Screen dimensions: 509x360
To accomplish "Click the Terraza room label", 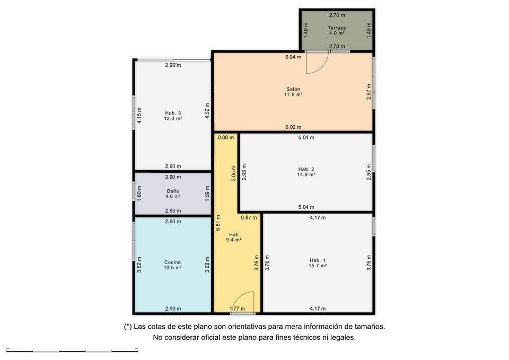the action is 337,31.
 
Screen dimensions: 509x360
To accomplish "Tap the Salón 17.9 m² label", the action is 293,92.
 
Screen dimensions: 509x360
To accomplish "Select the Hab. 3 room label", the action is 173,116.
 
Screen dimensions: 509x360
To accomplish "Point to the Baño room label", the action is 173,194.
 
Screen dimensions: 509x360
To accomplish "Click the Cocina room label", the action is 172,265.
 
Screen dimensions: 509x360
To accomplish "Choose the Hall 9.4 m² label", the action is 234,238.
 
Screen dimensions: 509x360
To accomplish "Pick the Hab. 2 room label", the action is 306,172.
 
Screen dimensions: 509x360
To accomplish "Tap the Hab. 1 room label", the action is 318,263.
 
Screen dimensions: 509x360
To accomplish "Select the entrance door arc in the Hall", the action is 238,297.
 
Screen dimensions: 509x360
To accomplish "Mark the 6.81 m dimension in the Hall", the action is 218,223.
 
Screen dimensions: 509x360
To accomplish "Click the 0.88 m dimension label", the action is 226,137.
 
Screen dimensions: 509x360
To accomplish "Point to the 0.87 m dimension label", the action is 249,217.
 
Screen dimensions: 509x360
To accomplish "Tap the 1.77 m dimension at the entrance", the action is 238,309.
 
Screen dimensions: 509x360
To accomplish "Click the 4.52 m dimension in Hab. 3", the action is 207,111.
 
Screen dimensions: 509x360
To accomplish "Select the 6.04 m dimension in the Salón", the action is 293,57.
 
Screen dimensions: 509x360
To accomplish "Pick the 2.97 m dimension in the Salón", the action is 369,92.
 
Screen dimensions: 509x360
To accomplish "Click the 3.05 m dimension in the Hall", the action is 233,173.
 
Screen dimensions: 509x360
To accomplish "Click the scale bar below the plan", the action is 72,350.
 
